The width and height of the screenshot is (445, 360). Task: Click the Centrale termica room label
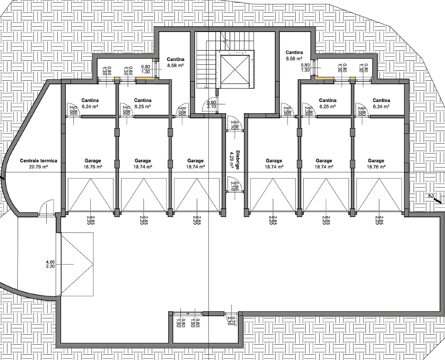(39, 161)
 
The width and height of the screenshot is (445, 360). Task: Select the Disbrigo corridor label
(238, 160)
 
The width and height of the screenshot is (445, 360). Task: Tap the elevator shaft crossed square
(235, 69)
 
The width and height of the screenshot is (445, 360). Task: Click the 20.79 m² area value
(39, 167)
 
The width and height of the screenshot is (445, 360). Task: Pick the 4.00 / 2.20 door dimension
(50, 264)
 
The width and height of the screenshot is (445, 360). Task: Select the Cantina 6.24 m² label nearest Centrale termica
(90, 104)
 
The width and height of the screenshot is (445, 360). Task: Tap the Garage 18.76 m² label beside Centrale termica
(93, 164)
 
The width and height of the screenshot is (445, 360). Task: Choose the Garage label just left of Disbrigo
(195, 164)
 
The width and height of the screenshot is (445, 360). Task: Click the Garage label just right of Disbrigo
(274, 164)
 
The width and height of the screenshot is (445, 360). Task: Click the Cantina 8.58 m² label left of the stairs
(175, 62)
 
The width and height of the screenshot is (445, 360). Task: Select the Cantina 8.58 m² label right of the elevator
(294, 56)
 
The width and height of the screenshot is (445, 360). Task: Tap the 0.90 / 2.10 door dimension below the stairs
(211, 104)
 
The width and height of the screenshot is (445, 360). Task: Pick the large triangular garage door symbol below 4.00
(77, 264)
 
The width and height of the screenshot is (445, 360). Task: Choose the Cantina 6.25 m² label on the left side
(143, 104)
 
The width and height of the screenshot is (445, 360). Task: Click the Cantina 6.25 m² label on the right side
(328, 104)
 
